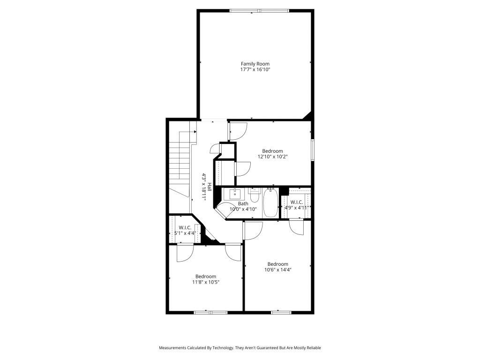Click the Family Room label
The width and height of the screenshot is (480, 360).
255,64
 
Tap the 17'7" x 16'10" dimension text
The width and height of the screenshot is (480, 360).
255,69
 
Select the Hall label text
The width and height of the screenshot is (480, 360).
210,187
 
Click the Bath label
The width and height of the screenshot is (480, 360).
243,203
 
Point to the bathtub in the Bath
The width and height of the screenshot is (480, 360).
270,203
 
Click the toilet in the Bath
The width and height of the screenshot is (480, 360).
254,195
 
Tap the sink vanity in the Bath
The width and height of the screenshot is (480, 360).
234,194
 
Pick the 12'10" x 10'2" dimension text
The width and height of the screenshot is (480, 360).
272,157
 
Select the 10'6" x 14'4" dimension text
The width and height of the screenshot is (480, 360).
277,270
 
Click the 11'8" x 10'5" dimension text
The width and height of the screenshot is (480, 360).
206,282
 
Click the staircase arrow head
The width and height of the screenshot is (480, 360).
195,132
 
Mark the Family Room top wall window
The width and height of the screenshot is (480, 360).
259,11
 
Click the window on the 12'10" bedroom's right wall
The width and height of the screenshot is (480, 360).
313,150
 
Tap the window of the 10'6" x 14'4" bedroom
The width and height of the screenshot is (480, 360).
281,313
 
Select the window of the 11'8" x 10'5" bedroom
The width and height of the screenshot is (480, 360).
210,313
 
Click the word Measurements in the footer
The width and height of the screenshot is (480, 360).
172,348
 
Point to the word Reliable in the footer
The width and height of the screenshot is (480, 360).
314,348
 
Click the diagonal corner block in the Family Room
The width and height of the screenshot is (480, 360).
308,116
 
